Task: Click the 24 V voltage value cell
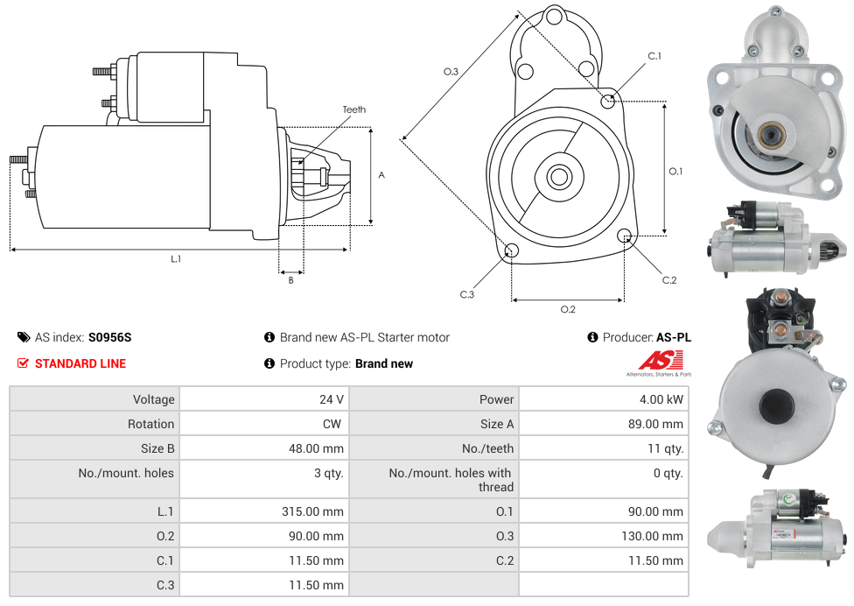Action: pos(331,399)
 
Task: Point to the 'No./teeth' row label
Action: pos(487,448)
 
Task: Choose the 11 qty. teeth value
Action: pos(664,448)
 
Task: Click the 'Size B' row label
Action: pos(157,448)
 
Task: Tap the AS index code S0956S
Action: pos(109,337)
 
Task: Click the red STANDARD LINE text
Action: pos(80,363)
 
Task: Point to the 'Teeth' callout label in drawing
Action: pos(353,109)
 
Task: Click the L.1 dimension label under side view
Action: pos(176,259)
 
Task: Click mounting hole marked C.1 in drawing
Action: pos(608,101)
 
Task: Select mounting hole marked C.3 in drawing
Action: pos(512,252)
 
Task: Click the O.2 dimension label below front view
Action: pos(568,308)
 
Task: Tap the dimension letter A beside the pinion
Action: pos(381,175)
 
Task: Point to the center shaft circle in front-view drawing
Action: pos(559,177)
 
